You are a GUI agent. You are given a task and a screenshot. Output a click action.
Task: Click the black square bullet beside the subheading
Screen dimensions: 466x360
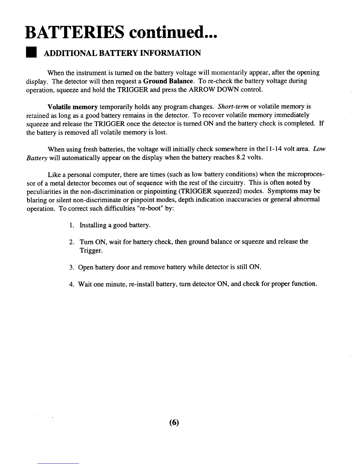click(31, 53)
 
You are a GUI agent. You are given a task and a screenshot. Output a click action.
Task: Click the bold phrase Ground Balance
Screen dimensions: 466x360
click(168, 81)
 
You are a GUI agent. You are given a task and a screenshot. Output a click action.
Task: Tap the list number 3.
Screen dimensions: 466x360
click(71, 267)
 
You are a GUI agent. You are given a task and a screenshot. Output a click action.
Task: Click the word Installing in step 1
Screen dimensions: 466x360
click(93, 225)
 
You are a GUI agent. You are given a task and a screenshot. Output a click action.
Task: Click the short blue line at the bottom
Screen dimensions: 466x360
click(59, 463)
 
